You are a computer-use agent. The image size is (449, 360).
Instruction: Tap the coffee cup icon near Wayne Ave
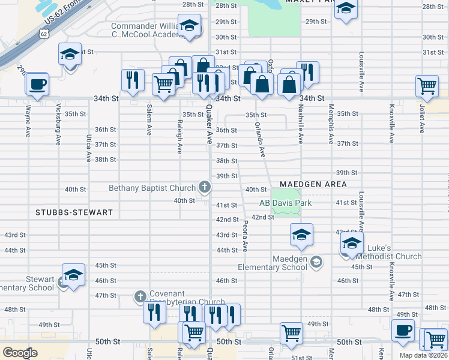click(x=37, y=83)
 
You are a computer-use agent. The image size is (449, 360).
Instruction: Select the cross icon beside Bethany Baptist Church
click(x=204, y=188)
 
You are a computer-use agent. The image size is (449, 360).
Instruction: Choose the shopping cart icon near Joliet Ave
click(x=427, y=86)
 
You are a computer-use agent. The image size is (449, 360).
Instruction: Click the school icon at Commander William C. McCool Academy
click(x=190, y=28)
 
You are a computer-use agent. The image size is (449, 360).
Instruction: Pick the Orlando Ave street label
click(x=260, y=139)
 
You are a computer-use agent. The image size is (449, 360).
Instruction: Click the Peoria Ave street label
click(x=246, y=235)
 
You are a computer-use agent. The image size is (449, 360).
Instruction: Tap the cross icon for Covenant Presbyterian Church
click(x=140, y=296)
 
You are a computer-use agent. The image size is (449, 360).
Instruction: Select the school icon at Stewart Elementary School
click(x=73, y=275)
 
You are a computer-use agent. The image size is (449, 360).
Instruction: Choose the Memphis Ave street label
click(x=331, y=124)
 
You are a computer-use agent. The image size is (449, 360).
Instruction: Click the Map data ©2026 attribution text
click(x=423, y=355)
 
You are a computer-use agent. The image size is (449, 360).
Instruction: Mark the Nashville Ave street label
click(x=300, y=124)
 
